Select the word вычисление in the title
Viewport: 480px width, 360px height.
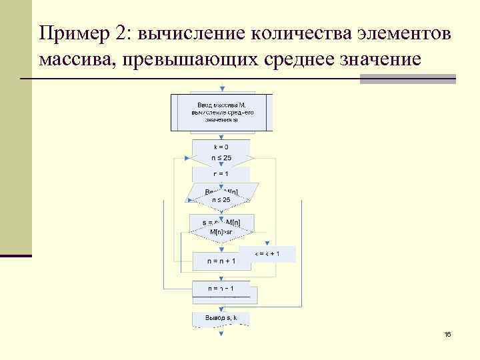187,32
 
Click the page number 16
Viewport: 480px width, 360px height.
447,334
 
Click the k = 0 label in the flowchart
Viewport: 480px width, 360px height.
221,147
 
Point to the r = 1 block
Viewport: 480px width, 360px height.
221,173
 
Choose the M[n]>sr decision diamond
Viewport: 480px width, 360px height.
221,231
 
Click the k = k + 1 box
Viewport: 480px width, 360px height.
268,253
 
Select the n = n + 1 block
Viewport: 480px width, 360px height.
221,261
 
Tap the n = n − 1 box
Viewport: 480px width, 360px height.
221,289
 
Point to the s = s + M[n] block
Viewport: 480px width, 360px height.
221,221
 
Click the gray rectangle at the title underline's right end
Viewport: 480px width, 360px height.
407,79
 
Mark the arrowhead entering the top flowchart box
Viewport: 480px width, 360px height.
222,89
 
